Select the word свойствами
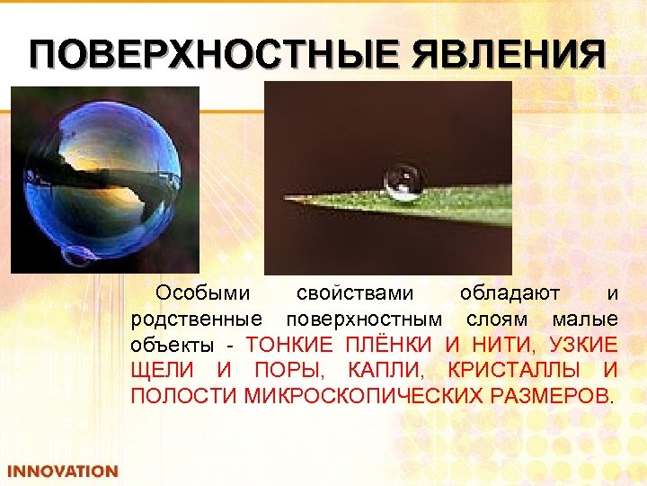tap(355, 293)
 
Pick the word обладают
tap(510, 293)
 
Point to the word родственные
tap(196, 319)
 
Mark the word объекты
tap(173, 345)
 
